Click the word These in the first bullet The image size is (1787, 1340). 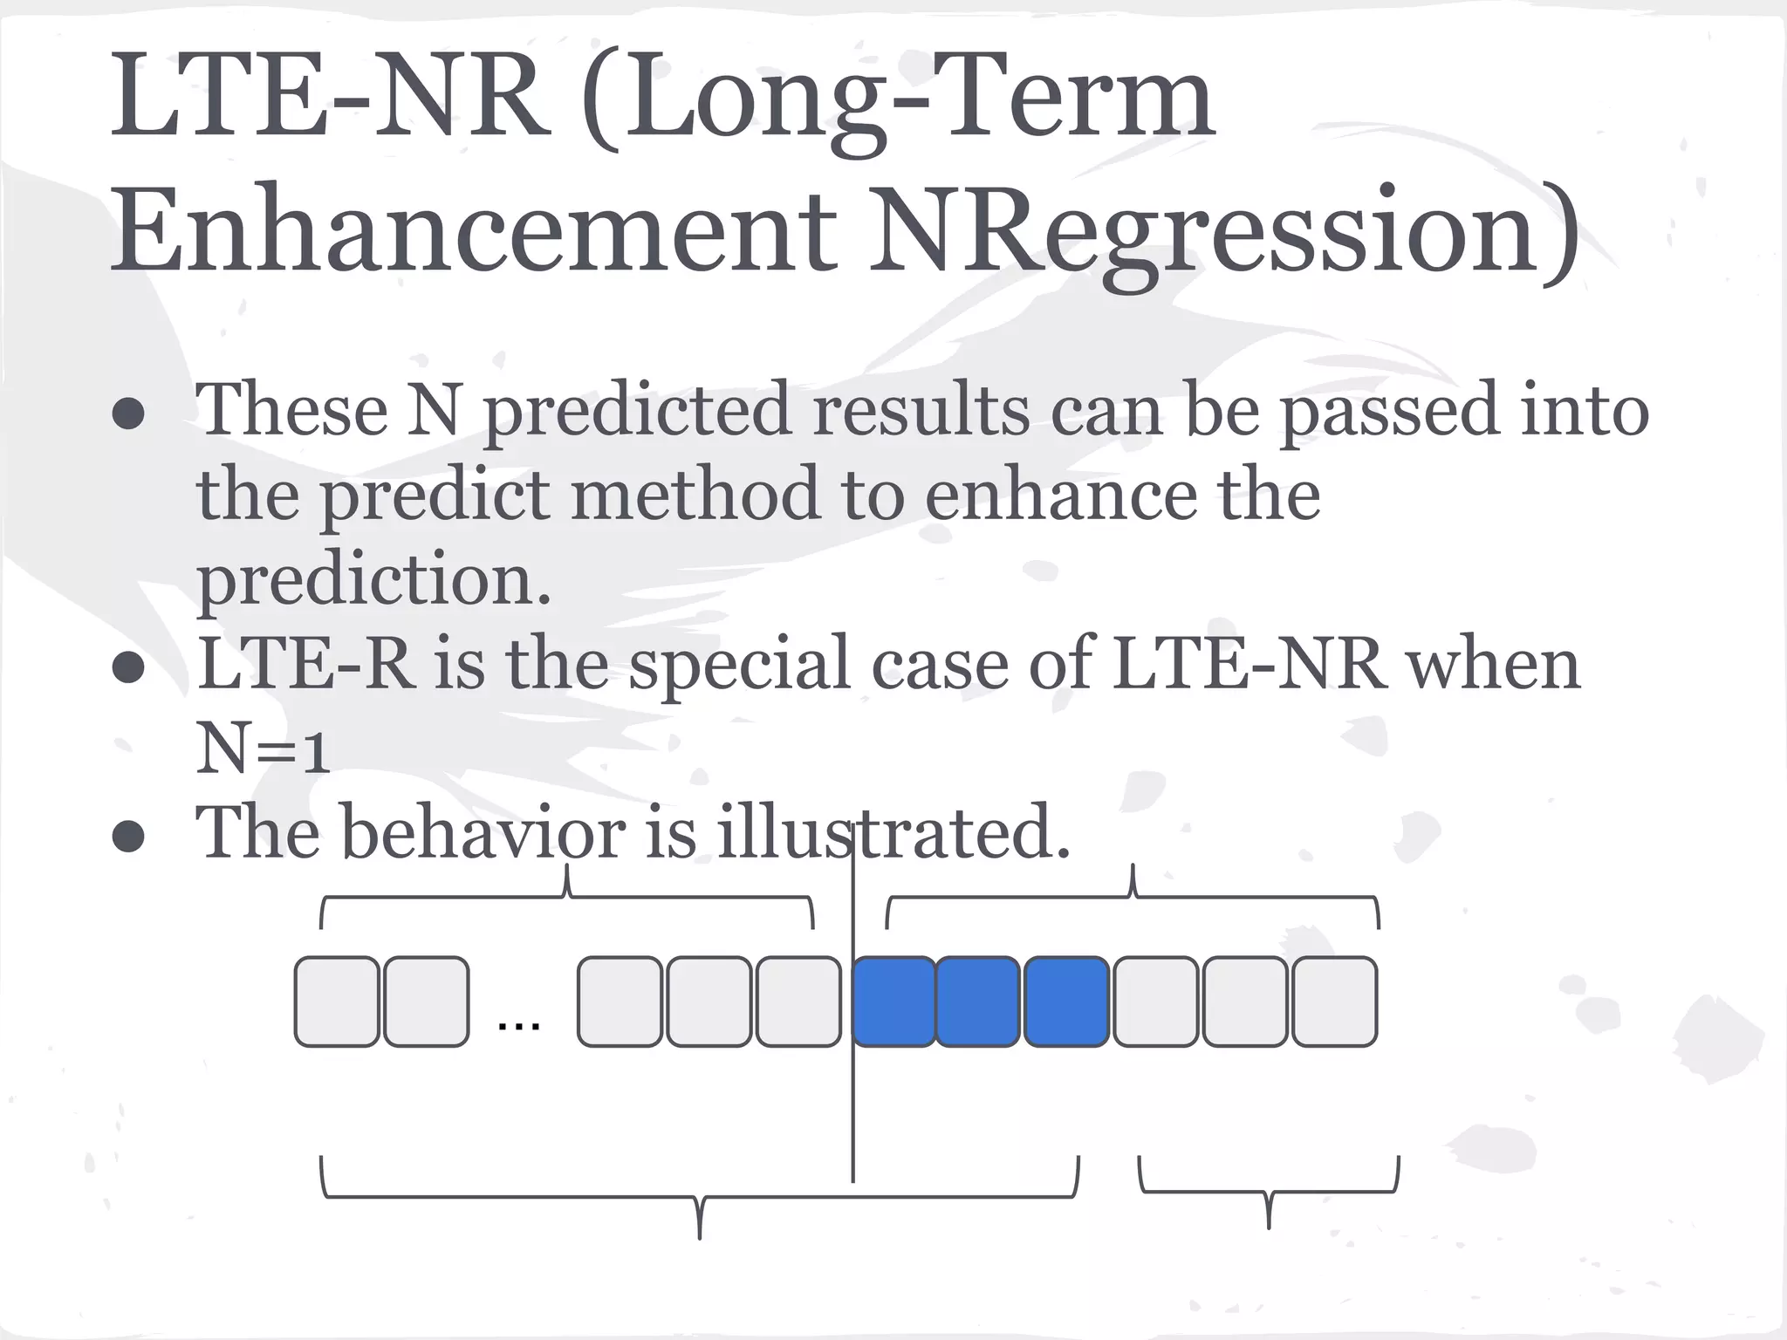tap(291, 410)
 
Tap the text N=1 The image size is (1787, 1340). tap(262, 749)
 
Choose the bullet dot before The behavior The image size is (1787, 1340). tap(128, 837)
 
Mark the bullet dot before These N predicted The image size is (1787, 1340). tap(128, 414)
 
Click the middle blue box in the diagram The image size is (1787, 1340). tap(977, 1002)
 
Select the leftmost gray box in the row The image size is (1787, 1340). tap(338, 1002)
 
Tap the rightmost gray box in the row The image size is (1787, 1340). tap(1334, 1002)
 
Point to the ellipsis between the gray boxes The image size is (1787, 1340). tap(518, 1022)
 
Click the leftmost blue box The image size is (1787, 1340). tap(893, 1002)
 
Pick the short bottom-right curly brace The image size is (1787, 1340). tap(1269, 1192)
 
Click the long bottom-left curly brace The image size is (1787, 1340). tap(700, 1199)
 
